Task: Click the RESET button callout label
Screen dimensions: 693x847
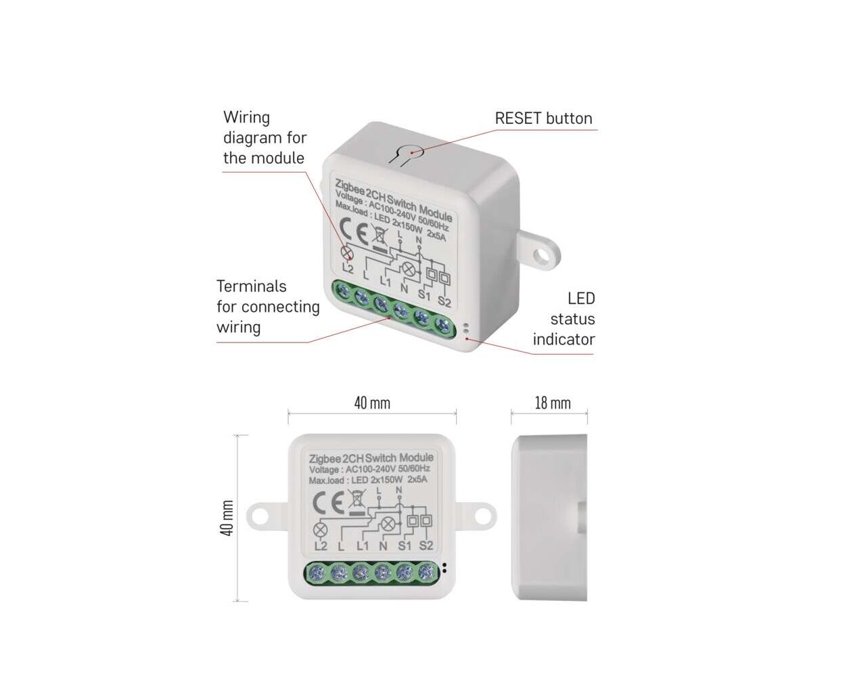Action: [543, 118]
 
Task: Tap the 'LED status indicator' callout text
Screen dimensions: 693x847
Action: [564, 319]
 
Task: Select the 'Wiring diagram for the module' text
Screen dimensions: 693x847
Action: [265, 138]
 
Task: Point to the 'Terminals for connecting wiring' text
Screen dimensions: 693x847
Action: [268, 307]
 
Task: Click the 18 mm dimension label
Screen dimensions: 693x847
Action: [552, 403]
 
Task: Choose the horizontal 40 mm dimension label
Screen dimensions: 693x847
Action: [372, 403]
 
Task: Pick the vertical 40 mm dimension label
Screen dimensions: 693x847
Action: [227, 518]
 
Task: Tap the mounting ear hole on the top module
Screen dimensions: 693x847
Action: [541, 254]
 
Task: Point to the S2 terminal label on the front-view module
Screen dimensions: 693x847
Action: [426, 546]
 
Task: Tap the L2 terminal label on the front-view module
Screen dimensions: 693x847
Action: [321, 546]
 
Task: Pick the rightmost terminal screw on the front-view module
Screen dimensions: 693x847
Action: [425, 573]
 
